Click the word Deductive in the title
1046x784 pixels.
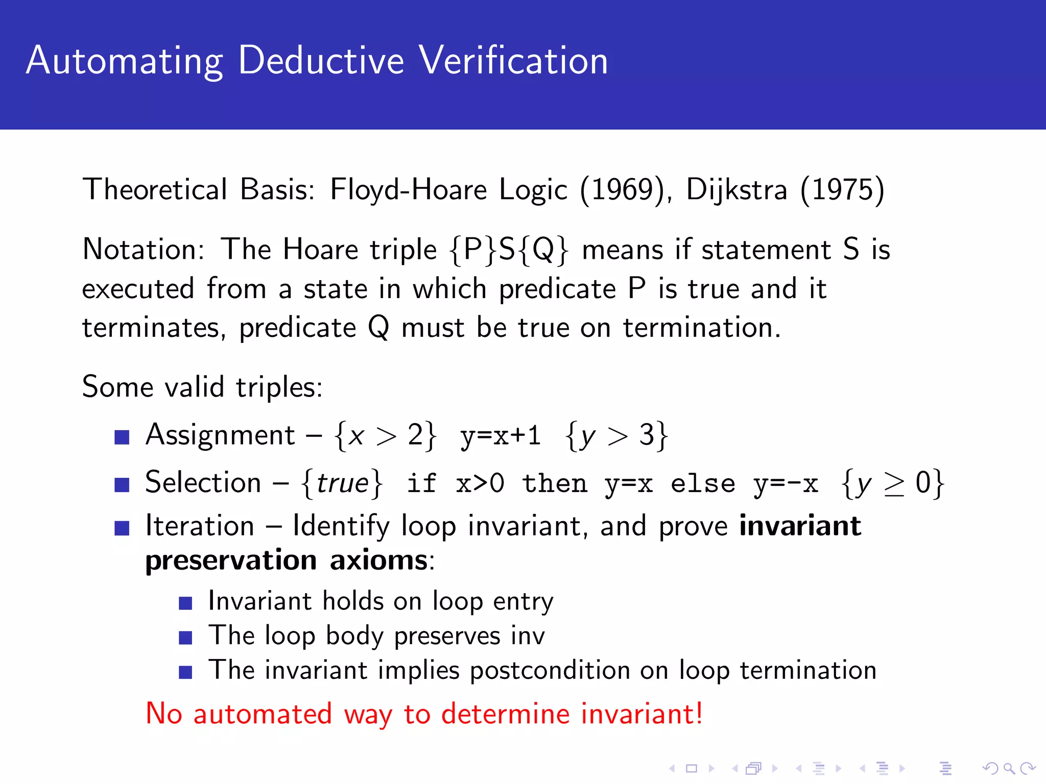(x=321, y=60)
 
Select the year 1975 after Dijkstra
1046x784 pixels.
(x=843, y=190)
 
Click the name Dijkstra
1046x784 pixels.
(x=736, y=190)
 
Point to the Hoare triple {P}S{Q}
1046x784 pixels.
(x=508, y=250)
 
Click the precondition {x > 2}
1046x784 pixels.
(x=386, y=436)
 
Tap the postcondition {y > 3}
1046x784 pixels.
(x=616, y=436)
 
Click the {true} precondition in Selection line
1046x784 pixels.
(x=342, y=483)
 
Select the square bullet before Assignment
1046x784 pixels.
(x=122, y=437)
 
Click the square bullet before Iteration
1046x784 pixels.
(x=122, y=528)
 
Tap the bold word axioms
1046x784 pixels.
(x=378, y=560)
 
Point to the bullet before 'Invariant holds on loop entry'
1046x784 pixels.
(x=185, y=603)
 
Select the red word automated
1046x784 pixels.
(x=263, y=714)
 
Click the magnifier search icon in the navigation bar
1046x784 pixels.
(x=1008, y=768)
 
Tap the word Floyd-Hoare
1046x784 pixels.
(x=409, y=190)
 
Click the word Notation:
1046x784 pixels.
(x=144, y=250)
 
